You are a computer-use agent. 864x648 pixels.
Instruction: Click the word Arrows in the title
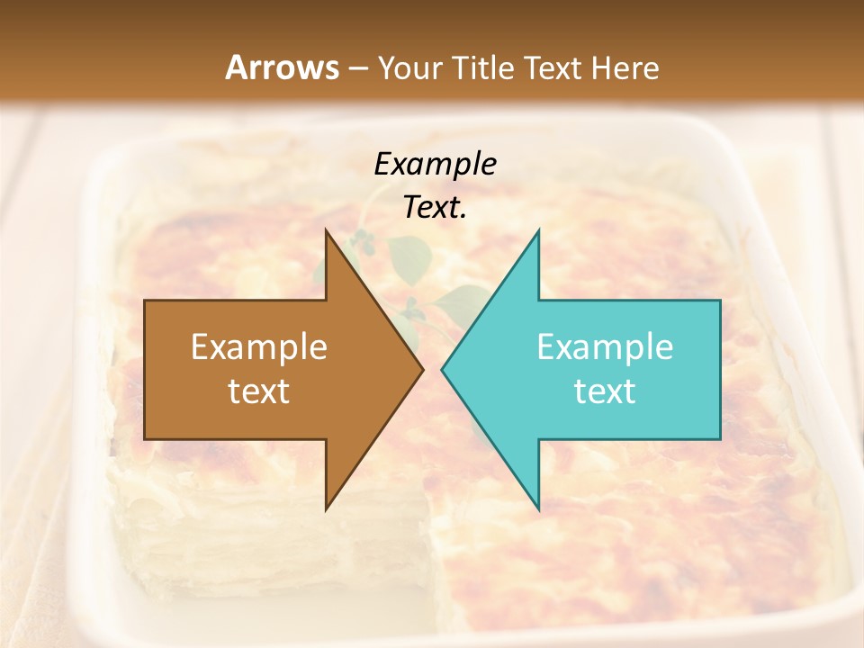283,67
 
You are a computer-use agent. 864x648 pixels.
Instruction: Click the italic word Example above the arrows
435,164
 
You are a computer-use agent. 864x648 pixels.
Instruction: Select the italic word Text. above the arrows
435,208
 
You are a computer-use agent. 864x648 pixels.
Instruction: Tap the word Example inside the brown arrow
259,347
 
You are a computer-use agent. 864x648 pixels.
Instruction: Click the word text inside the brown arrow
259,391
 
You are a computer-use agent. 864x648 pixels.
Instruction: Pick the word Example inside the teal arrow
605,347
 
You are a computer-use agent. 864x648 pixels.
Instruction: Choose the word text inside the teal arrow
605,391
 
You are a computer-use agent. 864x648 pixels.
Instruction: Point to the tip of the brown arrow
423,370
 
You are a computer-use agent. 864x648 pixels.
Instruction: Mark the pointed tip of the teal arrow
442,370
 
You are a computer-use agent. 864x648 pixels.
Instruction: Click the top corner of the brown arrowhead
326,231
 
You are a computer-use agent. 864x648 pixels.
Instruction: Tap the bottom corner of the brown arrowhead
326,509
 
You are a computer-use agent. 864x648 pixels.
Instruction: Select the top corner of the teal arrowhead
538,231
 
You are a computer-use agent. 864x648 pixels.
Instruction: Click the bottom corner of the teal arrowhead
538,509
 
